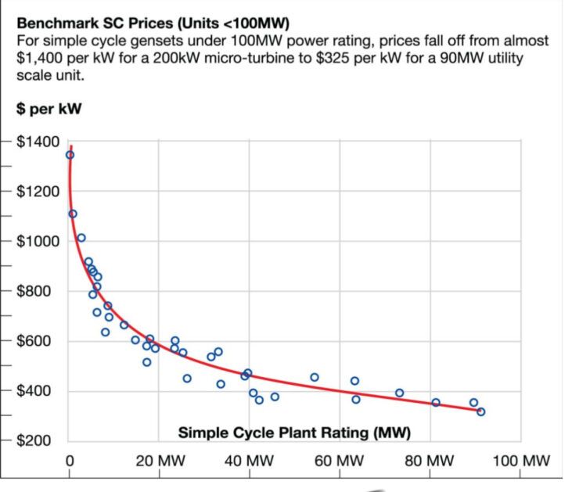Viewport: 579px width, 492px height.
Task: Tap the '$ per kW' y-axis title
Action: (50, 108)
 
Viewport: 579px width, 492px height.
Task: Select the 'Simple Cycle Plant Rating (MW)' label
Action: (294, 433)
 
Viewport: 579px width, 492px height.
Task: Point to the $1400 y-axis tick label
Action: (38, 142)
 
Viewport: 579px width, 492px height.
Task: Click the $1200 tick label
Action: (38, 192)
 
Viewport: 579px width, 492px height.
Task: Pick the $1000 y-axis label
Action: (38, 241)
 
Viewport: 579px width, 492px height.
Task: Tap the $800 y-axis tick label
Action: (40, 291)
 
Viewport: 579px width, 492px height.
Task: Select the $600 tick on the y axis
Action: (40, 341)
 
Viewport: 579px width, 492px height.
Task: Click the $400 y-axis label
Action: (40, 391)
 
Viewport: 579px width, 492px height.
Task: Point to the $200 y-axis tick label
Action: (40, 441)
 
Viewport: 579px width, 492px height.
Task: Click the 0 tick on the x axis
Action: (70, 460)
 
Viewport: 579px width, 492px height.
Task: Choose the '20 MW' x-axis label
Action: (159, 460)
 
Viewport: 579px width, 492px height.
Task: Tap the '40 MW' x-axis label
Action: (249, 460)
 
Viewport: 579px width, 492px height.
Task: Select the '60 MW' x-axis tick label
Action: (340, 460)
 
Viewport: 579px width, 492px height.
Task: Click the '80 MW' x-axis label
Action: (430, 460)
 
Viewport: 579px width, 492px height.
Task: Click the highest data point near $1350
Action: (70, 155)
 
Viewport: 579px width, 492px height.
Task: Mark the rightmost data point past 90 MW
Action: (480, 411)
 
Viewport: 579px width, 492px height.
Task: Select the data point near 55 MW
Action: (315, 377)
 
